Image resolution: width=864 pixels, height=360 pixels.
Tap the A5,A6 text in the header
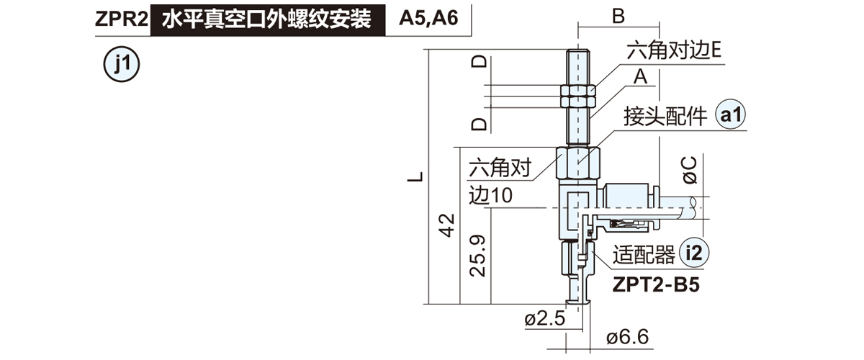(429, 20)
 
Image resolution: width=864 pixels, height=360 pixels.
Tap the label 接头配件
(665, 116)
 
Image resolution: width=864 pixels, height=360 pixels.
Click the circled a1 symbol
(732, 115)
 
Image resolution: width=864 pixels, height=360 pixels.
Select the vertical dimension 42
(447, 225)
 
